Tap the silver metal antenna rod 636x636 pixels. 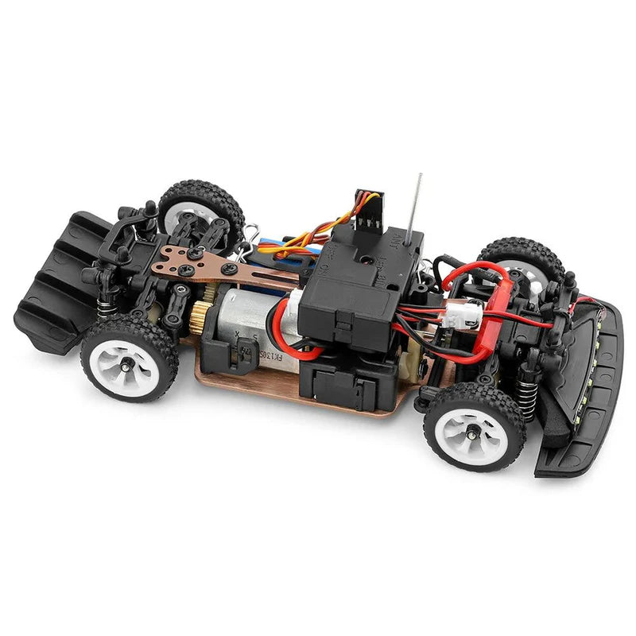click(x=416, y=203)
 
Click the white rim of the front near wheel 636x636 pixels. click(x=474, y=429)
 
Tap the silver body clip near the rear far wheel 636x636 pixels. click(x=252, y=235)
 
